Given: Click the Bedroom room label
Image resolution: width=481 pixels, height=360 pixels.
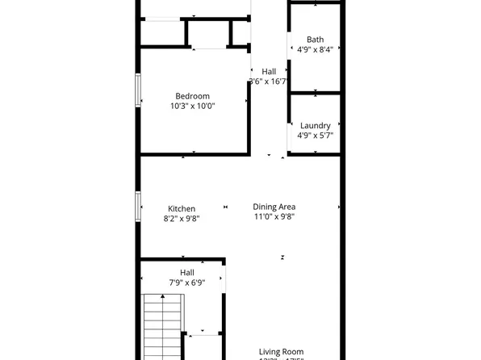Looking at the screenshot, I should pos(192,96).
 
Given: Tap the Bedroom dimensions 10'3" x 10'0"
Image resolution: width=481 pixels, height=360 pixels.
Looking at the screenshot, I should pos(192,106).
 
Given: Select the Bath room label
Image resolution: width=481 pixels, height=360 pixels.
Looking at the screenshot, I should pos(315,40).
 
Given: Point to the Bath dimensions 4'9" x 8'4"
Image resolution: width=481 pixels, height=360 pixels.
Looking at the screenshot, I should pos(315,49).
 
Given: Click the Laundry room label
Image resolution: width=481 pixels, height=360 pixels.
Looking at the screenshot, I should pos(315,126).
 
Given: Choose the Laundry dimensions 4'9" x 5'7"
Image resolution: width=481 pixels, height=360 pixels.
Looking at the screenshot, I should pos(315,136).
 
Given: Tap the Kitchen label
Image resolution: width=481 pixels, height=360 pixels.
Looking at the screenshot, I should pos(181,209).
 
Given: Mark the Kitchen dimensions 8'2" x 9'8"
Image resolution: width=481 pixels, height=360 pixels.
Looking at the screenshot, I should pos(181,219).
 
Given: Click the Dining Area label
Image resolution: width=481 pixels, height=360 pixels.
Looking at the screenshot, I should pos(274,207).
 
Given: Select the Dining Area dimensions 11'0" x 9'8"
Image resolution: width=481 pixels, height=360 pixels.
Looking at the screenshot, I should pos(274,216).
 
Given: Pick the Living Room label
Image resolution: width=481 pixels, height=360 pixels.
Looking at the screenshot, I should pos(281,352).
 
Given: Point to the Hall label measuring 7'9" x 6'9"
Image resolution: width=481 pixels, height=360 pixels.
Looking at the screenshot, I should pos(186,273).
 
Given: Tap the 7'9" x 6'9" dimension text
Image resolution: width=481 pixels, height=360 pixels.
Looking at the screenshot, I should pos(186,283).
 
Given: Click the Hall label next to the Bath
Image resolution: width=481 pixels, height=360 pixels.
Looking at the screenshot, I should pos(269,71).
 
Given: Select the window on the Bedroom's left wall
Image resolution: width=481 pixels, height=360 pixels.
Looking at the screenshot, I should pos(138,89).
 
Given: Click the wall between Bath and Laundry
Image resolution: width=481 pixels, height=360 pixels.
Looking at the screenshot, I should pos(315,94).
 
